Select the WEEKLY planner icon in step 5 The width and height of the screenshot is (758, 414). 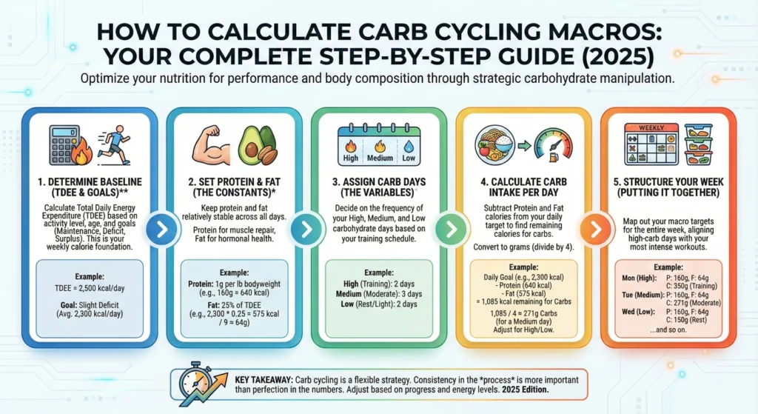click(x=651, y=144)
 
